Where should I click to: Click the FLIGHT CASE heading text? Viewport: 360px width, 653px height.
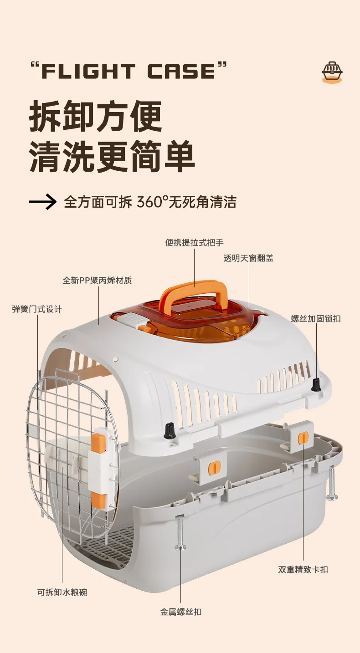(128, 71)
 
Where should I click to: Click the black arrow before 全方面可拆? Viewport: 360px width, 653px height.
(43, 202)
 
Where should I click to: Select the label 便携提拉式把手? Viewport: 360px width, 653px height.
(195, 243)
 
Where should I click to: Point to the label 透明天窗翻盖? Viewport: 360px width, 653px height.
(248, 258)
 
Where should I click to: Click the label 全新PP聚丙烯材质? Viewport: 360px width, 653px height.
(97, 280)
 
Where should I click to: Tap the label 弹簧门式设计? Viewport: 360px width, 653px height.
(37, 309)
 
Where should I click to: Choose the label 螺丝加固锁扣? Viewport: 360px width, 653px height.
(316, 319)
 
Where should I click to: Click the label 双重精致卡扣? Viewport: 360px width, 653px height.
(303, 569)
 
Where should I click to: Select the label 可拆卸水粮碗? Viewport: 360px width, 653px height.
(62, 592)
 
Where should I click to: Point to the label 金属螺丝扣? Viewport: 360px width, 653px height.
(180, 612)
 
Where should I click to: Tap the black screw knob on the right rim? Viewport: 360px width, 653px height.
(314, 384)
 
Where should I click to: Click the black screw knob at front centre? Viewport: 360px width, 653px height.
(170, 430)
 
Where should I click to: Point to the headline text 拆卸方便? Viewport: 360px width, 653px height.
(96, 117)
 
